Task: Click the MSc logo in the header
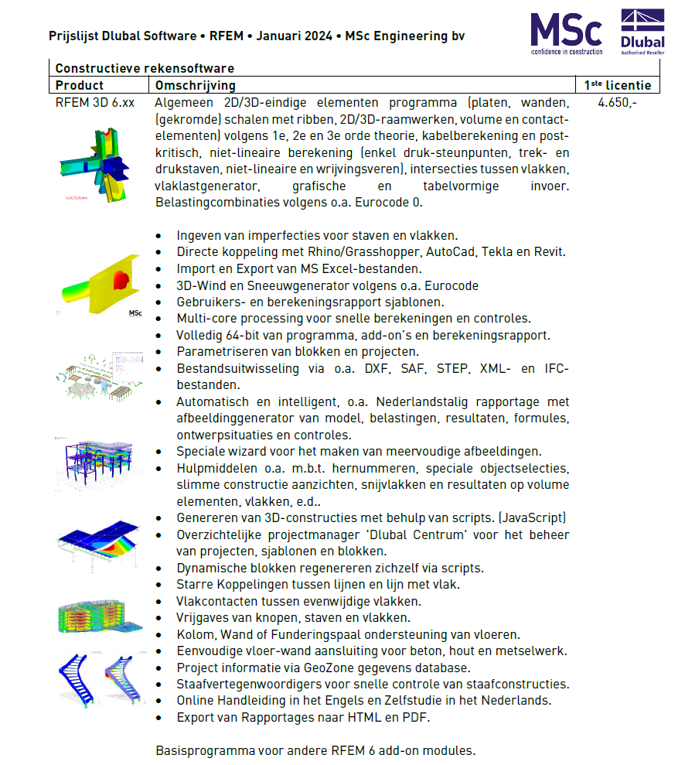(x=566, y=32)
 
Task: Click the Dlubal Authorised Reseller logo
(x=643, y=32)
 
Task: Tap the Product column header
(x=80, y=85)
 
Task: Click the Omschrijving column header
(x=196, y=85)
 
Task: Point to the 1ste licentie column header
(x=617, y=85)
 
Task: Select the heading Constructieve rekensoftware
(x=145, y=68)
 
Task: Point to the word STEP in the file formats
(x=451, y=368)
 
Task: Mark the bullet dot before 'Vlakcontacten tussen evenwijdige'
(x=159, y=602)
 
